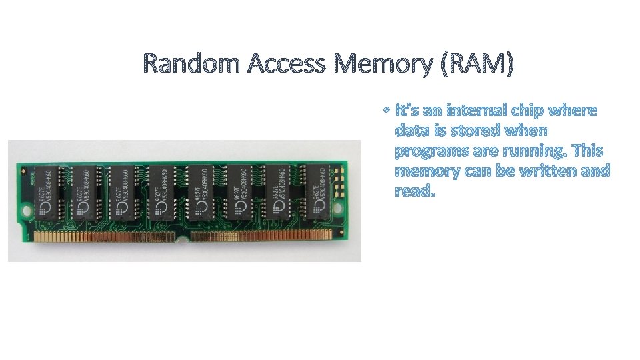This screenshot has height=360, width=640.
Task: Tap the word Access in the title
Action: click(x=287, y=64)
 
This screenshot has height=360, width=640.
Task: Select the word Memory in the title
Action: click(x=385, y=64)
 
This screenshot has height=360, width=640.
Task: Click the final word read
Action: click(x=415, y=191)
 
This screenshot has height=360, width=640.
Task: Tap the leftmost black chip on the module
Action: click(x=47, y=193)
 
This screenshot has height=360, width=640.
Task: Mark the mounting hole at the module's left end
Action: click(x=27, y=212)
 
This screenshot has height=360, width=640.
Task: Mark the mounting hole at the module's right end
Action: click(x=343, y=207)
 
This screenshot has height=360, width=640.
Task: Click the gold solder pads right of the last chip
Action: click(x=339, y=177)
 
